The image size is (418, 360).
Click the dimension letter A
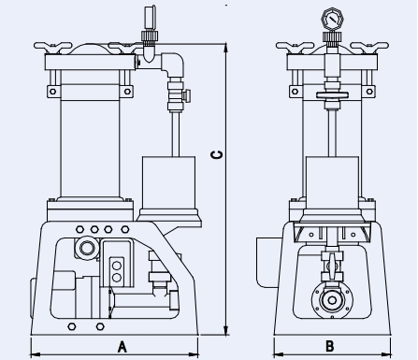click(x=123, y=347)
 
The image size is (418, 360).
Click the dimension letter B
click(x=330, y=346)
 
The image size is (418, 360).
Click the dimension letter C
click(x=217, y=154)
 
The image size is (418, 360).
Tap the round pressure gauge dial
click(x=332, y=20)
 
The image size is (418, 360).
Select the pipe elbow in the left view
click(x=175, y=64)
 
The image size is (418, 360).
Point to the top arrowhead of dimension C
click(x=226, y=49)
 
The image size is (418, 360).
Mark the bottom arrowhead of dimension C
click(x=226, y=330)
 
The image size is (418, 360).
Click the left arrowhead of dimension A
click(x=36, y=354)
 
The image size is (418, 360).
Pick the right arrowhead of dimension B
click(x=386, y=354)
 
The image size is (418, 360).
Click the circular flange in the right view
click(x=332, y=300)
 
